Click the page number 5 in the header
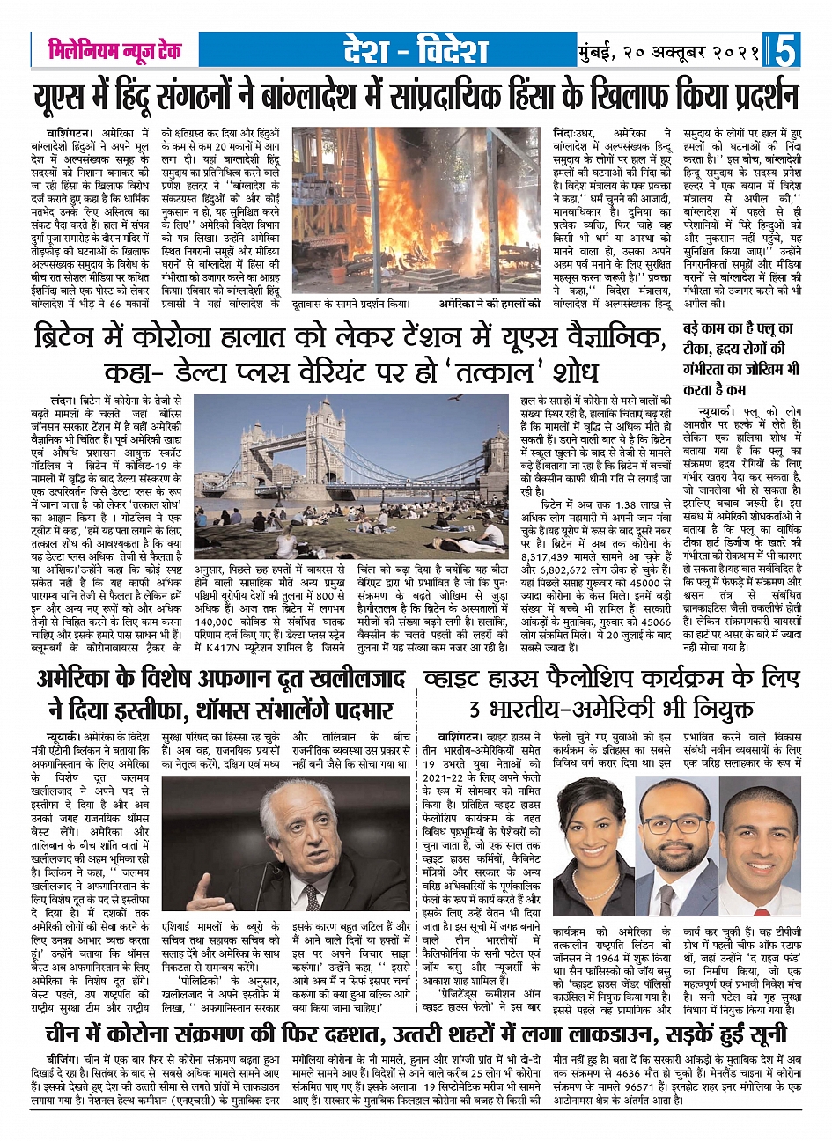tap(786, 51)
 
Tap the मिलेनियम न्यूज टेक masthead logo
tap(114, 50)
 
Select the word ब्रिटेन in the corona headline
tap(71, 337)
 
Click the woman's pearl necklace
tap(585, 883)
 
